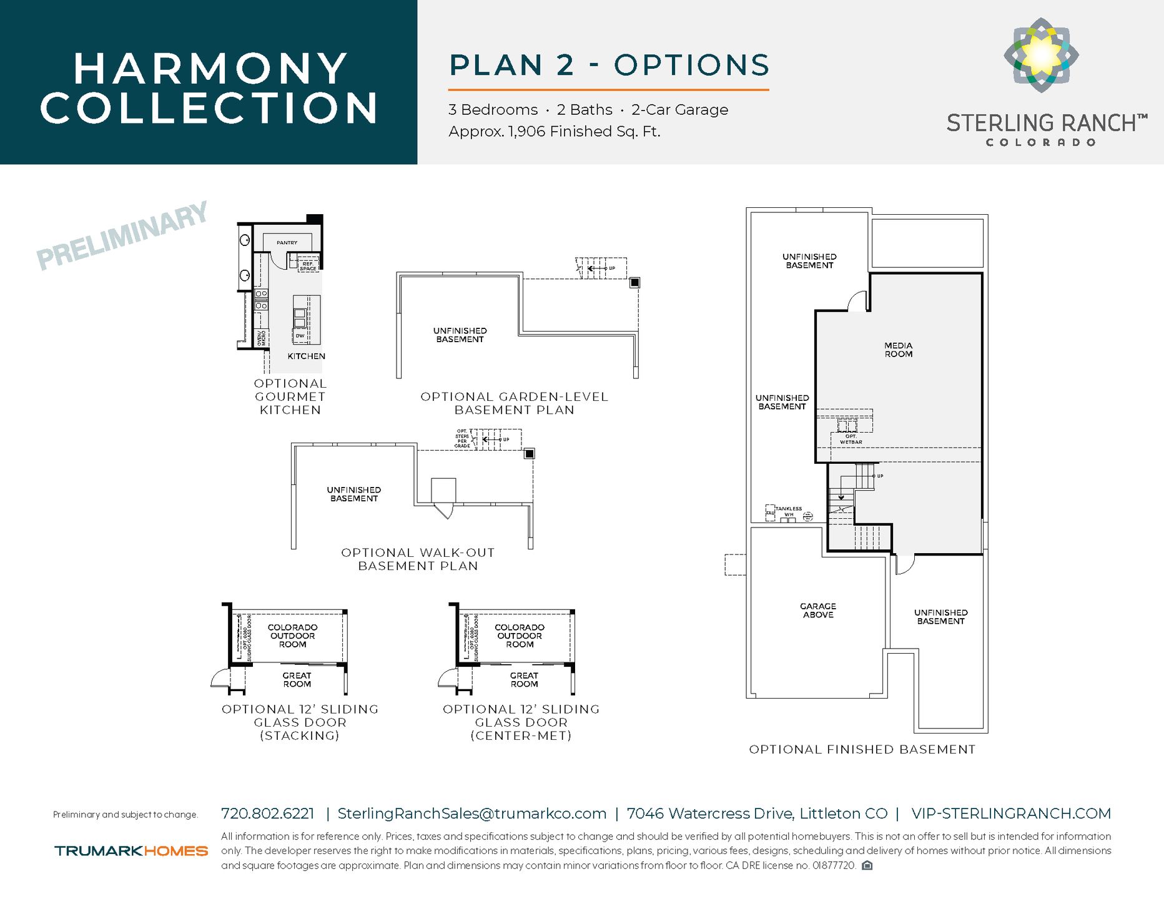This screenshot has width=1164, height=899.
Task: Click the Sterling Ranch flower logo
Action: (1041, 55)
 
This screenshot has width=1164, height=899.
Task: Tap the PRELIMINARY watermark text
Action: (122, 236)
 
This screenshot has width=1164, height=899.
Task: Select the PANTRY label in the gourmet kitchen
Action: (287, 243)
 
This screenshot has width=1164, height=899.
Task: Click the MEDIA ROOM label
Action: (898, 350)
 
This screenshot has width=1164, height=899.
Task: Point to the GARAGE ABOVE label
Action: (817, 611)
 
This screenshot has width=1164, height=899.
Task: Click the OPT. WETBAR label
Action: (851, 439)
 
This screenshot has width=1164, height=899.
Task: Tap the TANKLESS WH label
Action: (788, 511)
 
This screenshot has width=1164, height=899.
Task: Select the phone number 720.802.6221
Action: (268, 813)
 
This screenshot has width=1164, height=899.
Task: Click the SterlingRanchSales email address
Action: (471, 813)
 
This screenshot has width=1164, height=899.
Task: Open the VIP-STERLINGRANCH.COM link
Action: (1010, 813)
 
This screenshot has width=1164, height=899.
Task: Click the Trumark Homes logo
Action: (131, 851)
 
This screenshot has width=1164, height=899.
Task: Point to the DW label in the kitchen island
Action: (300, 336)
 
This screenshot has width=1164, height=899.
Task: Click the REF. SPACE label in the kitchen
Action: (308, 266)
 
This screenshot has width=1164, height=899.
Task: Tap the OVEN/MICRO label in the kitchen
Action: (262, 338)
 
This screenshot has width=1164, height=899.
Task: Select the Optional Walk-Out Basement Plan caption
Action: (418, 559)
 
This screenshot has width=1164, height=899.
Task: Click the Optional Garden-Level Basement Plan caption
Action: (514, 403)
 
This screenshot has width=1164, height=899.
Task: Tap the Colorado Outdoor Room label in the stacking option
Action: (292, 636)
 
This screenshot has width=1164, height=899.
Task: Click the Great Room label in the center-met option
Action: (524, 680)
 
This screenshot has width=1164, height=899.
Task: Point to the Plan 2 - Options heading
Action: (609, 66)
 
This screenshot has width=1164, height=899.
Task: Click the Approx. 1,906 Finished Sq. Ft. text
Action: (554, 132)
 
